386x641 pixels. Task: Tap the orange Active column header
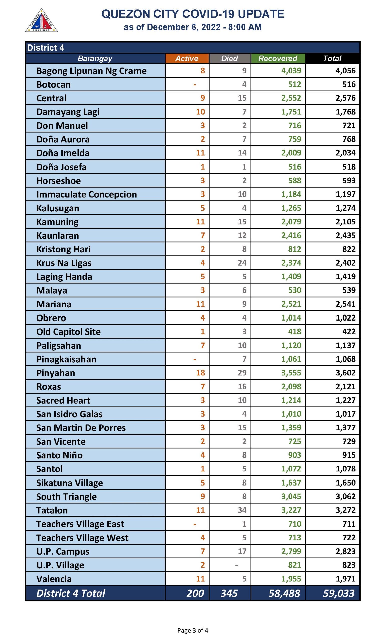(187, 58)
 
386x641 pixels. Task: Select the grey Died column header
(229, 58)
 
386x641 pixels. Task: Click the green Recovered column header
(278, 58)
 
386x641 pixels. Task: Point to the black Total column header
(332, 58)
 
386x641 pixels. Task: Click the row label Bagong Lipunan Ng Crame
(91, 71)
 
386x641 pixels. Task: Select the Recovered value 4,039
(291, 70)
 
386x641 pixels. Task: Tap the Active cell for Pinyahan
(200, 373)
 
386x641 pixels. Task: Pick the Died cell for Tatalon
(242, 510)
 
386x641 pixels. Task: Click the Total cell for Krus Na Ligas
(345, 263)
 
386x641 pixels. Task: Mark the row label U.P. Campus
(63, 551)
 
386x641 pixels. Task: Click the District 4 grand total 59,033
(338, 593)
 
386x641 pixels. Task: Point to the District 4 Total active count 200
(195, 593)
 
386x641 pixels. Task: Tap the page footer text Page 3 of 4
(192, 630)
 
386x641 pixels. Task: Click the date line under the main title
(192, 27)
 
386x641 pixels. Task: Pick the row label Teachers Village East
(80, 524)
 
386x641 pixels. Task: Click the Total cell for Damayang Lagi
(345, 112)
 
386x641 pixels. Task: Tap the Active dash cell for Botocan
(195, 84)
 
